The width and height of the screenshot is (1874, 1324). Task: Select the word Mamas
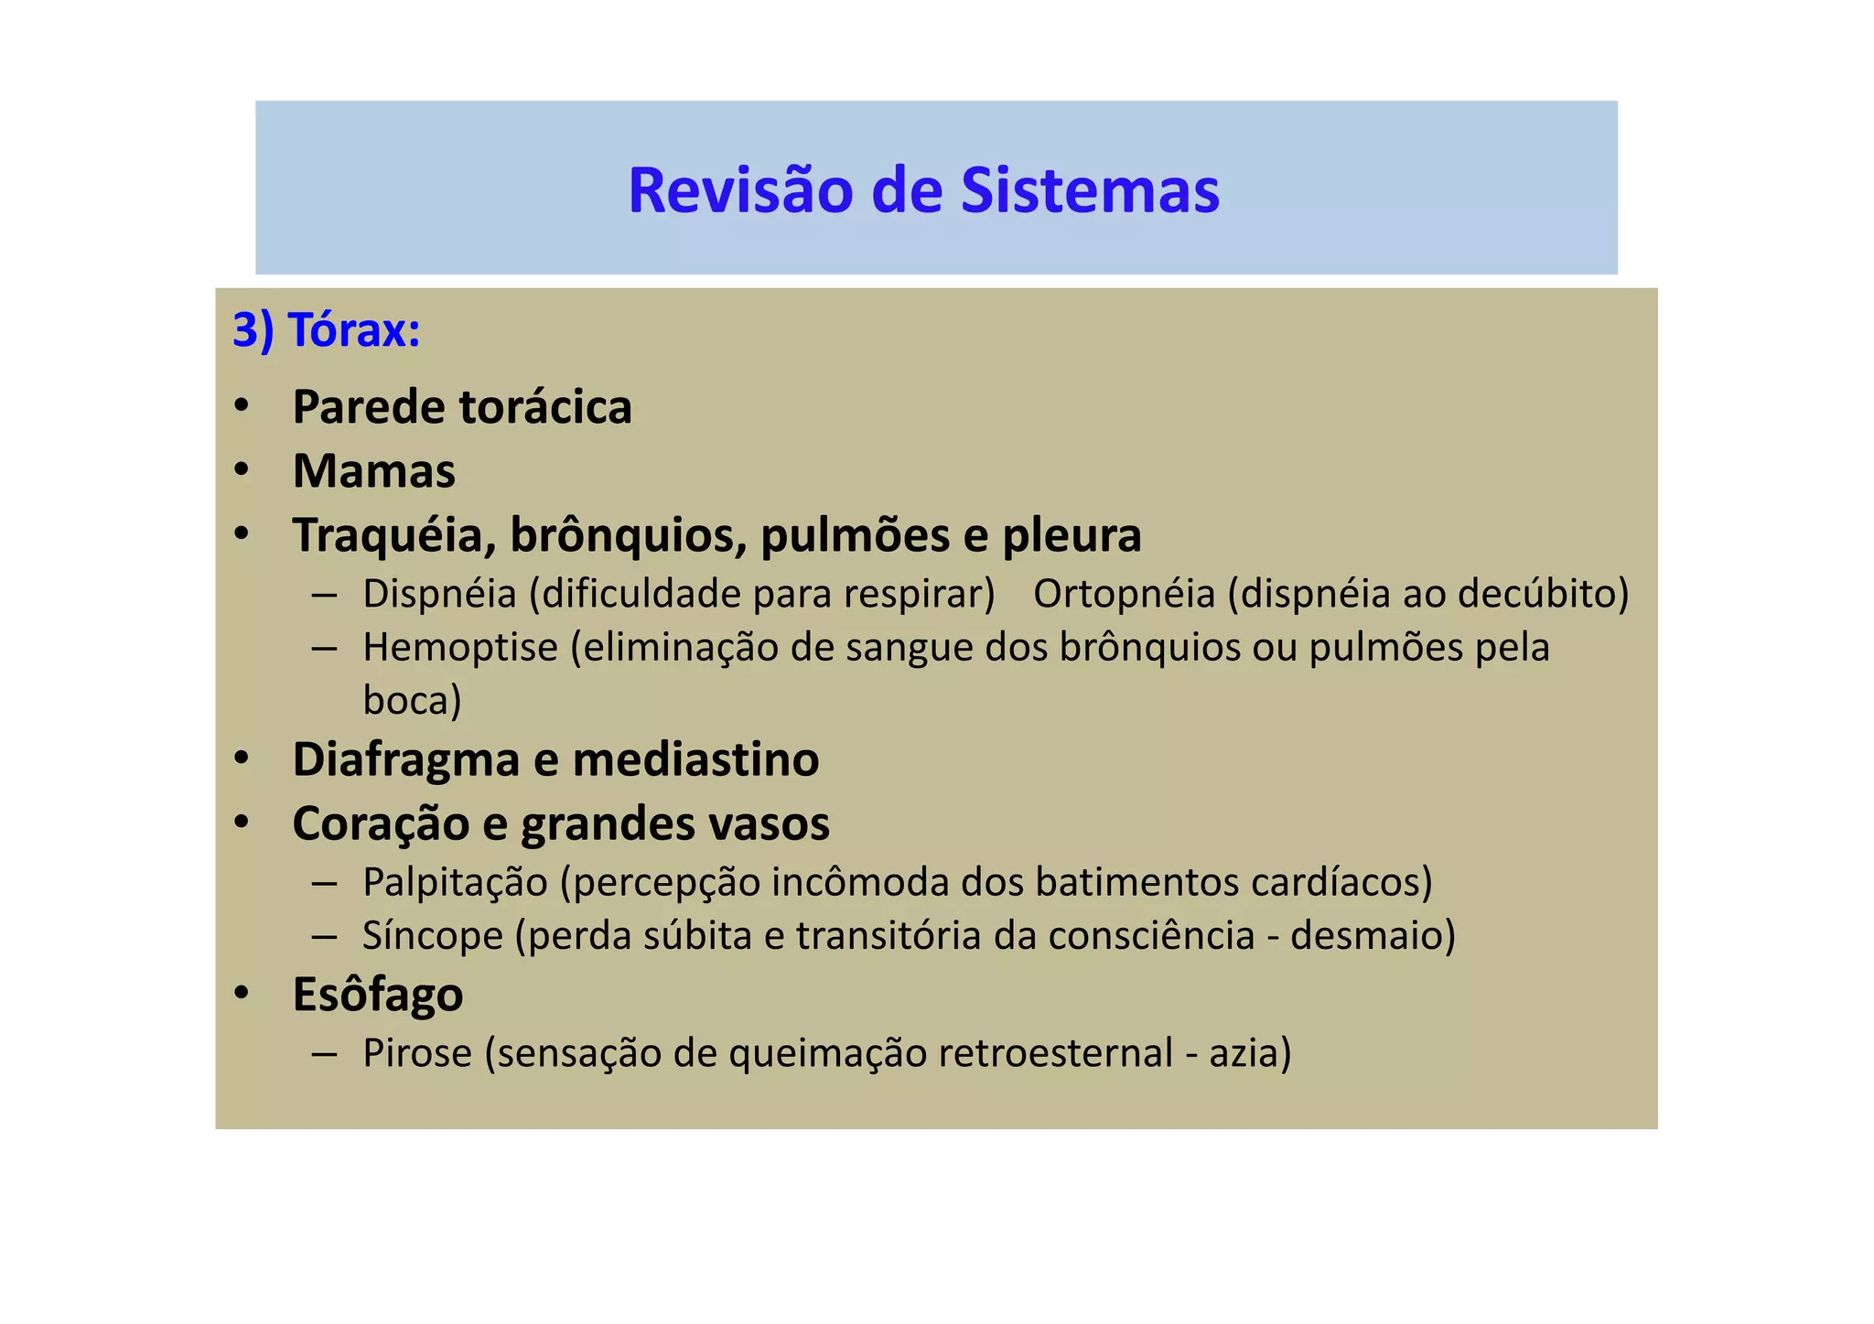pos(373,471)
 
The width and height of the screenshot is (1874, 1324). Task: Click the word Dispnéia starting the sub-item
pos(439,594)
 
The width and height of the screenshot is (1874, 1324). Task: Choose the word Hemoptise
pos(459,648)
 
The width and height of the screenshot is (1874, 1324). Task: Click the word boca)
pos(412,701)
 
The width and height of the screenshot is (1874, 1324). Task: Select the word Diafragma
pos(405,760)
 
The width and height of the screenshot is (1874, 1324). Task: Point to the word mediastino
pos(695,759)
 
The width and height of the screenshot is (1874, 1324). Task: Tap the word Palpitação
pos(455,882)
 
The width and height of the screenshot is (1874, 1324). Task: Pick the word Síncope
pos(432,936)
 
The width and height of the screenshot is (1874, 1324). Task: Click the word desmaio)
pos(1372,936)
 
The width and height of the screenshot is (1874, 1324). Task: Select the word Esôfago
pos(377,995)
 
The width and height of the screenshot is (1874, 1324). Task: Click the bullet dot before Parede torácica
pos(242,405)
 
